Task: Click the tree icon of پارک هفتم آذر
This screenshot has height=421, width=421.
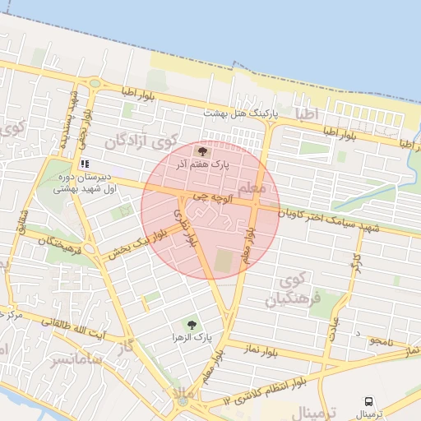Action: coord(203,151)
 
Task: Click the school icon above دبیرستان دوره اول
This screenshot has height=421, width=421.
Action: coord(84,164)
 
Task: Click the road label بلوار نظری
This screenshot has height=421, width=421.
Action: coord(184,226)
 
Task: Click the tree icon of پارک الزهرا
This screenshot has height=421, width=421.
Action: coord(192,326)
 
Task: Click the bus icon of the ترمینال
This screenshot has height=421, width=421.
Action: coord(368,401)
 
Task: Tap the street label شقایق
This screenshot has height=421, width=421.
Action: coord(23,222)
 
